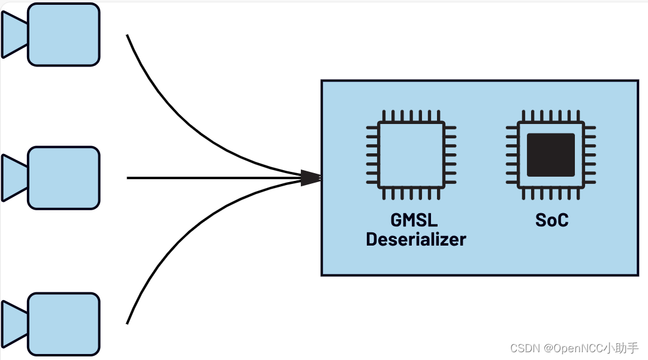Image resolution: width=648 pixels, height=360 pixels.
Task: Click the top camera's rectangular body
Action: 64,34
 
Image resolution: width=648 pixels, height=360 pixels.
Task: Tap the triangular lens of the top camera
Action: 14,35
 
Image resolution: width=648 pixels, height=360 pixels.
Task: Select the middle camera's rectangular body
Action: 64,178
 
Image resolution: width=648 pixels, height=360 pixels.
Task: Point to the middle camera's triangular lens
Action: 14,178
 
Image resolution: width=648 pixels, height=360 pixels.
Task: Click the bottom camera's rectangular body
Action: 64,324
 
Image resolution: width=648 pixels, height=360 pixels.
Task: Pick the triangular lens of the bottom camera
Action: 14,324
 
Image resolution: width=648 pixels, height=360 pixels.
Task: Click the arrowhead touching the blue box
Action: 311,177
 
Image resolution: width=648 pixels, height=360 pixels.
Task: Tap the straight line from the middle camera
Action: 210,178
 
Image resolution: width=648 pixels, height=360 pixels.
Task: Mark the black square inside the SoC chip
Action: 550,155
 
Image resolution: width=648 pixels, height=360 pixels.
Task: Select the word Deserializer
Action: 416,239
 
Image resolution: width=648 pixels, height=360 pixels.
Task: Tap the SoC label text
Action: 551,220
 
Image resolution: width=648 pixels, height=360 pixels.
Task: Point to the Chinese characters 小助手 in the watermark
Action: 622,348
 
